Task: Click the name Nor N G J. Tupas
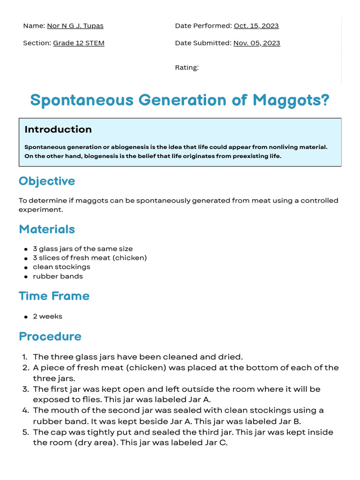point(75,26)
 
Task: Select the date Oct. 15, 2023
point(256,26)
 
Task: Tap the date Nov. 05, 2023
point(256,43)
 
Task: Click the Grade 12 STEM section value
point(78,43)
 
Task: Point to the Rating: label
point(187,67)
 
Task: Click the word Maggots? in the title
point(291,100)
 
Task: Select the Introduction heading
point(58,129)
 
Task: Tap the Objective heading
point(47,181)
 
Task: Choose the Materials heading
point(47,229)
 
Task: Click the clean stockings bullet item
point(61,267)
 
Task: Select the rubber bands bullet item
point(58,276)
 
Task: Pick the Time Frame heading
point(54,296)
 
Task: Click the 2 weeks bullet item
point(47,316)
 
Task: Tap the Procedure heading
point(50,337)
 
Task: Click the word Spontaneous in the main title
point(82,100)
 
